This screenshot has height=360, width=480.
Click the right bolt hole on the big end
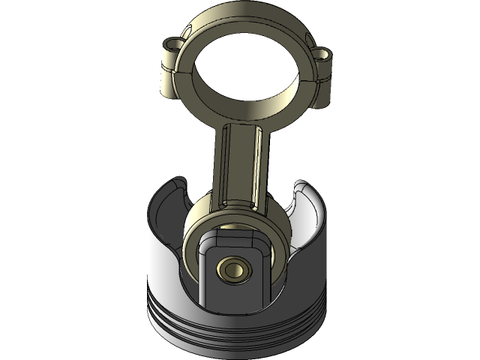click(x=323, y=55)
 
